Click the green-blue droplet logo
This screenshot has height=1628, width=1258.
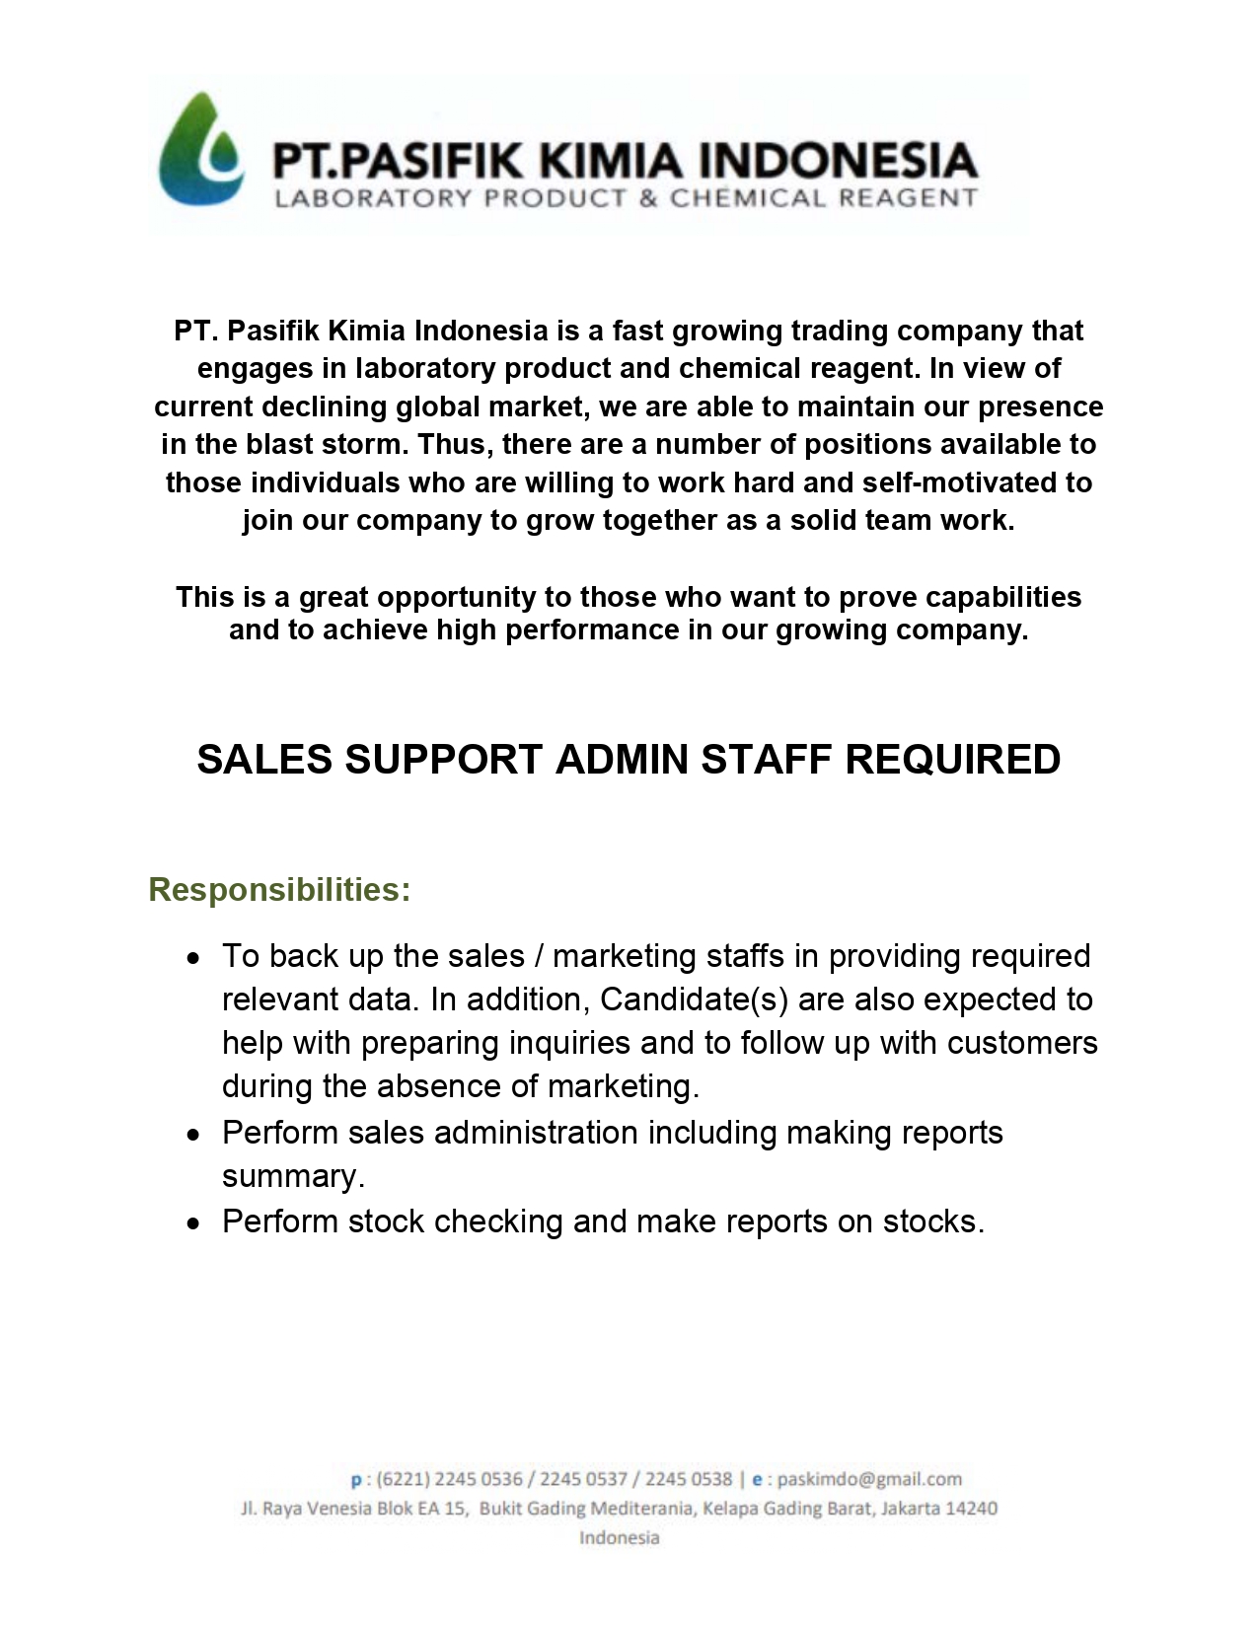[x=201, y=150]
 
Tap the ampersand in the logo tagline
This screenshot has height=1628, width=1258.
[x=648, y=198]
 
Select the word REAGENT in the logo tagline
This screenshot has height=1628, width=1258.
[x=908, y=198]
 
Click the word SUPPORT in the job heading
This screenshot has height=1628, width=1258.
[x=444, y=760]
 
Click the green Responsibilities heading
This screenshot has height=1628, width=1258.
[x=279, y=890]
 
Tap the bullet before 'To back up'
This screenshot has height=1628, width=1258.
[x=194, y=958]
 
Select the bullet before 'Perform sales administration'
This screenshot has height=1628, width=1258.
[x=194, y=1135]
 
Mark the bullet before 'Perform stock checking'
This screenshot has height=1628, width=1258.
[x=194, y=1223]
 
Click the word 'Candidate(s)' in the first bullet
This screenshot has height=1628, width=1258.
[x=694, y=1000]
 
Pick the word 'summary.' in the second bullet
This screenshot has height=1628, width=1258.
[x=293, y=1177]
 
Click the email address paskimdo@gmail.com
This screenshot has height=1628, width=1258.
[x=869, y=1479]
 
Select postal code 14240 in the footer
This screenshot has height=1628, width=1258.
[x=971, y=1509]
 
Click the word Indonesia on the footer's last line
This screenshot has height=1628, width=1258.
[x=619, y=1538]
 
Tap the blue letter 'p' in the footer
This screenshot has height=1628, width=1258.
[x=356, y=1480]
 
